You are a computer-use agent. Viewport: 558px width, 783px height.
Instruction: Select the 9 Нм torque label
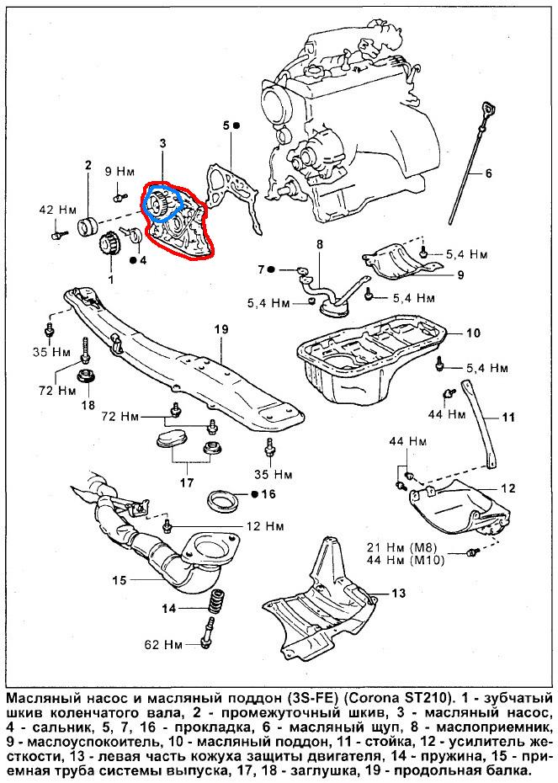click(119, 172)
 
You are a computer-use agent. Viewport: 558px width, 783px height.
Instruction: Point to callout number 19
click(221, 328)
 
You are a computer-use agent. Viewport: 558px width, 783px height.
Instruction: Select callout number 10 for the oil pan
click(473, 334)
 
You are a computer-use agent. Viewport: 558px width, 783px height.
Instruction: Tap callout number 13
click(398, 594)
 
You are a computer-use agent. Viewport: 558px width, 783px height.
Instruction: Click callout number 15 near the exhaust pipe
click(120, 579)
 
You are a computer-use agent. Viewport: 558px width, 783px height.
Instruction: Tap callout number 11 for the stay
click(508, 417)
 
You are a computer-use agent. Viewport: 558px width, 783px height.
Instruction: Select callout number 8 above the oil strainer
click(319, 244)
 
